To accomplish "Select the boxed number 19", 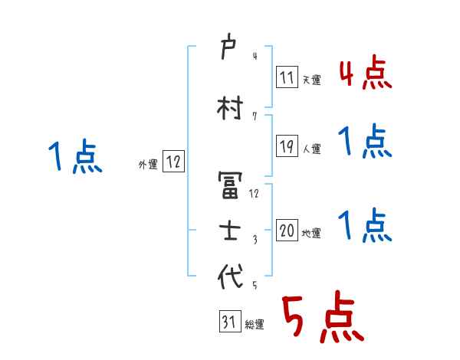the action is tap(287, 146).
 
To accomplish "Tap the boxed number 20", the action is tap(287, 230).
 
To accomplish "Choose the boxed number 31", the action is tap(228, 322).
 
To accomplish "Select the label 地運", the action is tap(311, 234).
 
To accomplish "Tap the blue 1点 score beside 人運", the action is tap(365, 142).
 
